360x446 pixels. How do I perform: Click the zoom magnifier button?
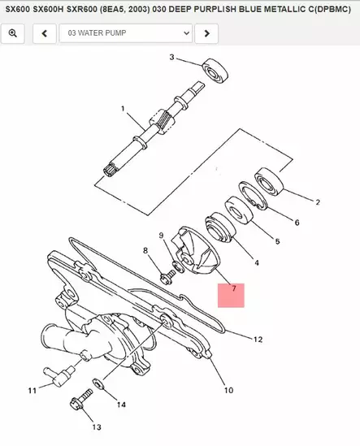point(13,33)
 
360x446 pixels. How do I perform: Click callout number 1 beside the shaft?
point(123,108)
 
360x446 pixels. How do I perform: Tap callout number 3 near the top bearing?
point(171,57)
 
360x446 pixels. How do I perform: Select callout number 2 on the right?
point(318,202)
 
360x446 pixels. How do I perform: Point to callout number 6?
point(297,222)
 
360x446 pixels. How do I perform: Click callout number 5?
point(277,241)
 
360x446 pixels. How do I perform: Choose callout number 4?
point(257,262)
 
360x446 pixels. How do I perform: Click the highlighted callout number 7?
point(233,288)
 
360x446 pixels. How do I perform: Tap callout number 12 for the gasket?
point(257,338)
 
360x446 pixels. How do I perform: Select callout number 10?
point(228,389)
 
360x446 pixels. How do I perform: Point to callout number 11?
point(33,391)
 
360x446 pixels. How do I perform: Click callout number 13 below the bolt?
point(96,427)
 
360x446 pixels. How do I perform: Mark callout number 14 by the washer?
point(121,404)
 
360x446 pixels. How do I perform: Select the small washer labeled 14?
point(98,382)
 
